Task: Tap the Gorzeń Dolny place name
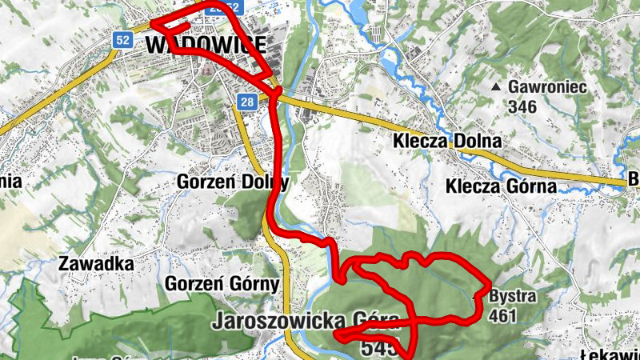pos(232,181)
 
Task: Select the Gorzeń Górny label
pos(222,284)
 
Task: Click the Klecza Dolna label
pos(447,142)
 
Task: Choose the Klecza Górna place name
pos(500,187)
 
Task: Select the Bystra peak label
pos(512,298)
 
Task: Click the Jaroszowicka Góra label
pos(306,322)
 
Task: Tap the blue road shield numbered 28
pos(246,102)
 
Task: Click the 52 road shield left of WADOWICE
pos(122,39)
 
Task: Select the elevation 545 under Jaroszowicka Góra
pos(378,348)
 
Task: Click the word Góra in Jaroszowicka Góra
pos(374,322)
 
